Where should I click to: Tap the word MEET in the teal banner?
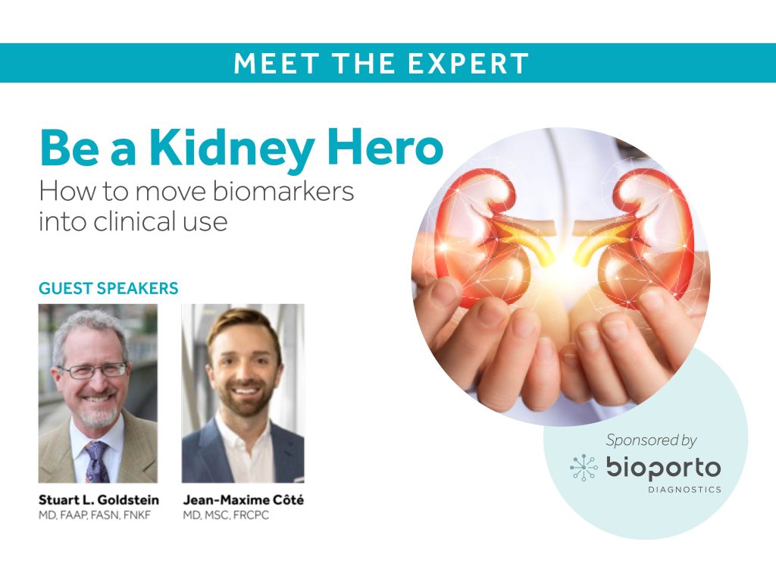click(276, 64)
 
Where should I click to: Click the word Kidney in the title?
click(232, 149)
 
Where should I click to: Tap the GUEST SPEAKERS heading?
click(108, 288)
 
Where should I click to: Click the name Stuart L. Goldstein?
click(99, 500)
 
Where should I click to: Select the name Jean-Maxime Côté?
click(243, 500)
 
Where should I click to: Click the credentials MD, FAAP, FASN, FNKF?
click(95, 516)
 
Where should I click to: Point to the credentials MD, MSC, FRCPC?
click(226, 516)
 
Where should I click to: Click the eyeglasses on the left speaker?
click(94, 370)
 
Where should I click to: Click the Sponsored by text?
click(651, 440)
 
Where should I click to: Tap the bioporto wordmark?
click(664, 468)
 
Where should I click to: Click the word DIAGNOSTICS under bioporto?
click(684, 490)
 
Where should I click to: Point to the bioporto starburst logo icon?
click(584, 468)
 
